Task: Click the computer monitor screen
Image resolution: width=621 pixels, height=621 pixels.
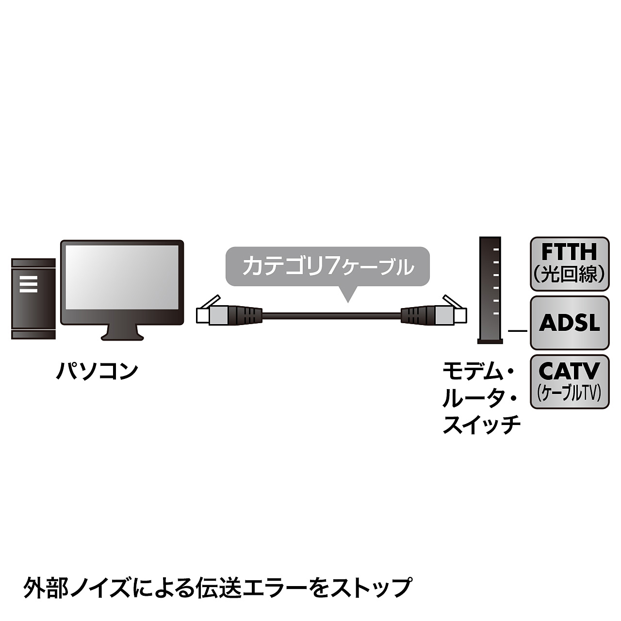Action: coord(122,282)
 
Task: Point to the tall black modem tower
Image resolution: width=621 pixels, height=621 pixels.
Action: coord(489,290)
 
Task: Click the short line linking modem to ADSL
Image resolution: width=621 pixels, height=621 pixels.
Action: coord(517,331)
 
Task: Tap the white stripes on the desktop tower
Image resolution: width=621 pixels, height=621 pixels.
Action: coord(29,284)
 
